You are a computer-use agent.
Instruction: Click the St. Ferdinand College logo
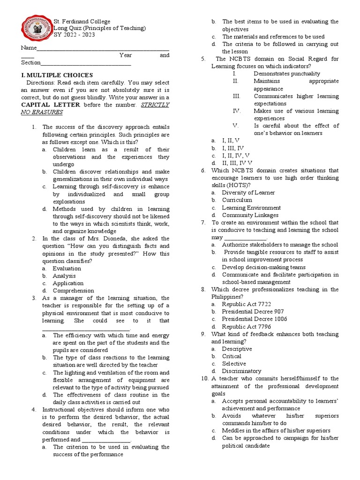pyautogui.click(x=36, y=28)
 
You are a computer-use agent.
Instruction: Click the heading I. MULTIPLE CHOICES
pyautogui.click(x=57, y=75)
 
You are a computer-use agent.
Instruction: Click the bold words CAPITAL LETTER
pyautogui.click(x=51, y=105)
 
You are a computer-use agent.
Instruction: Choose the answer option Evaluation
pyautogui.click(x=67, y=268)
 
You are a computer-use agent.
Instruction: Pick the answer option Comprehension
pyautogui.click(x=73, y=291)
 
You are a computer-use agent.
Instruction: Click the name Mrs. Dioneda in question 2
pyautogui.click(x=100, y=238)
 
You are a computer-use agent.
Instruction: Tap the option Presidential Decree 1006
pyautogui.click(x=255, y=319)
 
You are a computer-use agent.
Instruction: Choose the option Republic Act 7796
pyautogui.click(x=246, y=326)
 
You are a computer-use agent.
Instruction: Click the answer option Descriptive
pyautogui.click(x=237, y=349)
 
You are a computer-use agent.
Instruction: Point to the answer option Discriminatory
pyautogui.click(x=241, y=371)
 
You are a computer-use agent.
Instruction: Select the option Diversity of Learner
pyautogui.click(x=248, y=192)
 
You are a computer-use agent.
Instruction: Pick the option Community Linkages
pyautogui.click(x=250, y=215)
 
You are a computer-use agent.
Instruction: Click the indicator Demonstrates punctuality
pyautogui.click(x=287, y=74)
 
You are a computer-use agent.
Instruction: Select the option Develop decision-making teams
pyautogui.click(x=263, y=267)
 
